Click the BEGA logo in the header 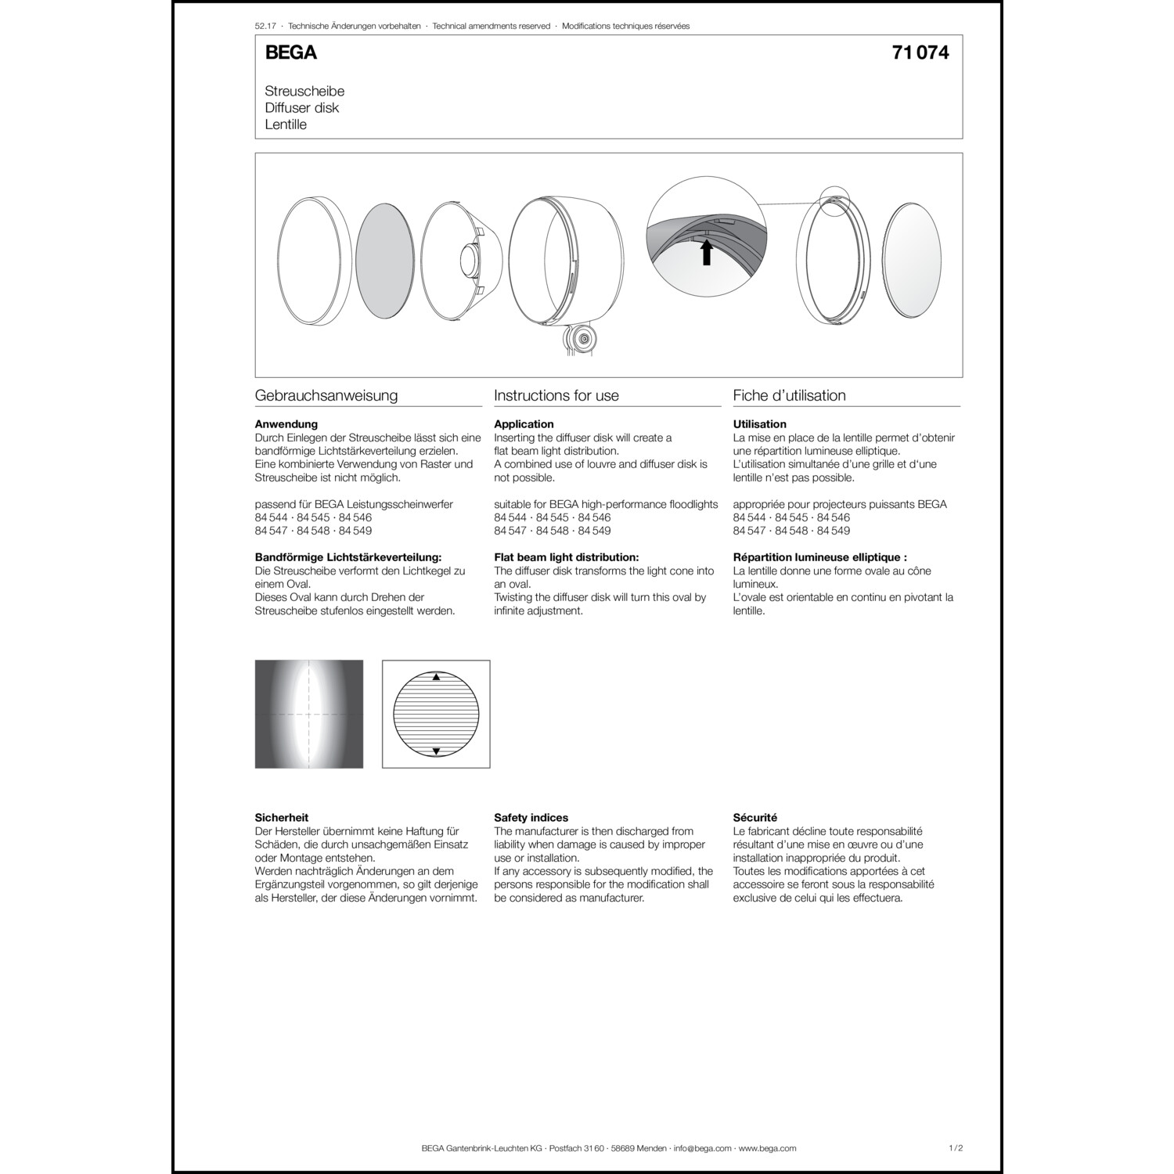click(290, 52)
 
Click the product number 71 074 click(920, 52)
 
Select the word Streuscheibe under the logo click(304, 92)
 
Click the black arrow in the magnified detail click(707, 252)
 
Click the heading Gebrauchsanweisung click(326, 396)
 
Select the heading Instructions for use click(556, 396)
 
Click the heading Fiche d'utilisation click(789, 396)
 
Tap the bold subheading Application click(524, 424)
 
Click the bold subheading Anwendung click(286, 424)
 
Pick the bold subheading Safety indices click(531, 818)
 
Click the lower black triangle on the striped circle click(437, 751)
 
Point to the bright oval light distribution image click(309, 714)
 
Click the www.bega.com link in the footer click(767, 1148)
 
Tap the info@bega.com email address click(702, 1148)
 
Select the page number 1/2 click(955, 1148)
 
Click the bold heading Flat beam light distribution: click(566, 557)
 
